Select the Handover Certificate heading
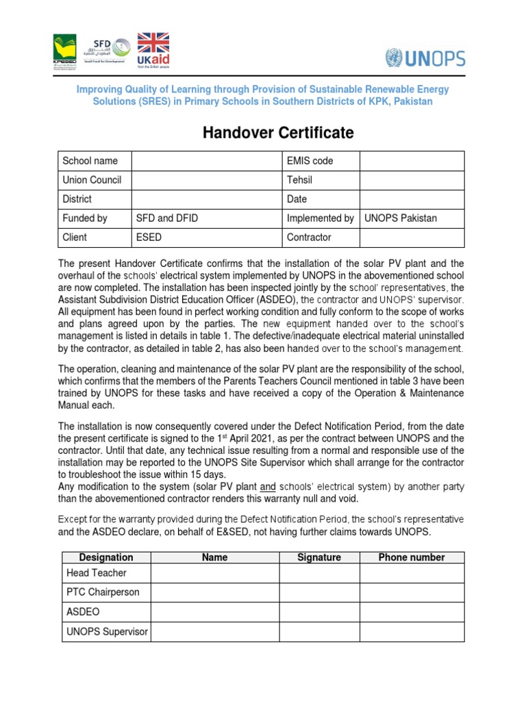pos(277,133)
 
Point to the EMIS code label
pos(310,161)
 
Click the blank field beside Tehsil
pos(412,180)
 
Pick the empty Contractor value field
pos(412,238)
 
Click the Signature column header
pos(319,557)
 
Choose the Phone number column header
pos(412,557)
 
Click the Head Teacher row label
pos(96,573)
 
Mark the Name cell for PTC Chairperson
pos(214,593)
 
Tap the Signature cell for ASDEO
pos(319,612)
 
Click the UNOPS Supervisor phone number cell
pos(412,632)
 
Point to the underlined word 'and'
pos(268,487)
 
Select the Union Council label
pos(92,180)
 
